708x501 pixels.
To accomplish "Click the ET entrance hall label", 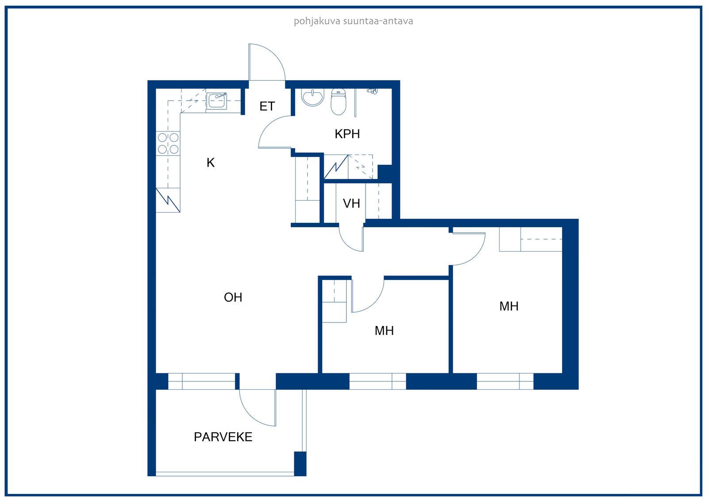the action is click(267, 106).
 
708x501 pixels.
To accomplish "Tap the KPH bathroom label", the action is click(347, 134).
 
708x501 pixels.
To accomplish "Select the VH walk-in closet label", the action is click(351, 203).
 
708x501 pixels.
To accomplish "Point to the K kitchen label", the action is click(211, 163).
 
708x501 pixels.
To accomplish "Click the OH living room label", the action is click(233, 298).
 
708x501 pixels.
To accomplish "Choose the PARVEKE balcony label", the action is click(223, 437).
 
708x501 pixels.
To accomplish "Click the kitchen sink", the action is click(216, 101).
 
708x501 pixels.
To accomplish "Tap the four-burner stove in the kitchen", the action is click(168, 144).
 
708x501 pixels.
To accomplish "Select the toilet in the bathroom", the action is click(338, 101).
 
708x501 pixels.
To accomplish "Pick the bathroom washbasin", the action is click(312, 97).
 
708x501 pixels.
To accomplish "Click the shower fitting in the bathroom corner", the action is click(372, 91).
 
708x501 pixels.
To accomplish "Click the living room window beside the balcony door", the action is click(201, 381).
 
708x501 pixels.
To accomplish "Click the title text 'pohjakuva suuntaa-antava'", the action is click(354, 21).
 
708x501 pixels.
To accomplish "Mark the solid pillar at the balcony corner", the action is click(300, 464).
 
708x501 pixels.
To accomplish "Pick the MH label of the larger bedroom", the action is click(508, 307).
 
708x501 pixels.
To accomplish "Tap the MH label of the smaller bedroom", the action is click(384, 331).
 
